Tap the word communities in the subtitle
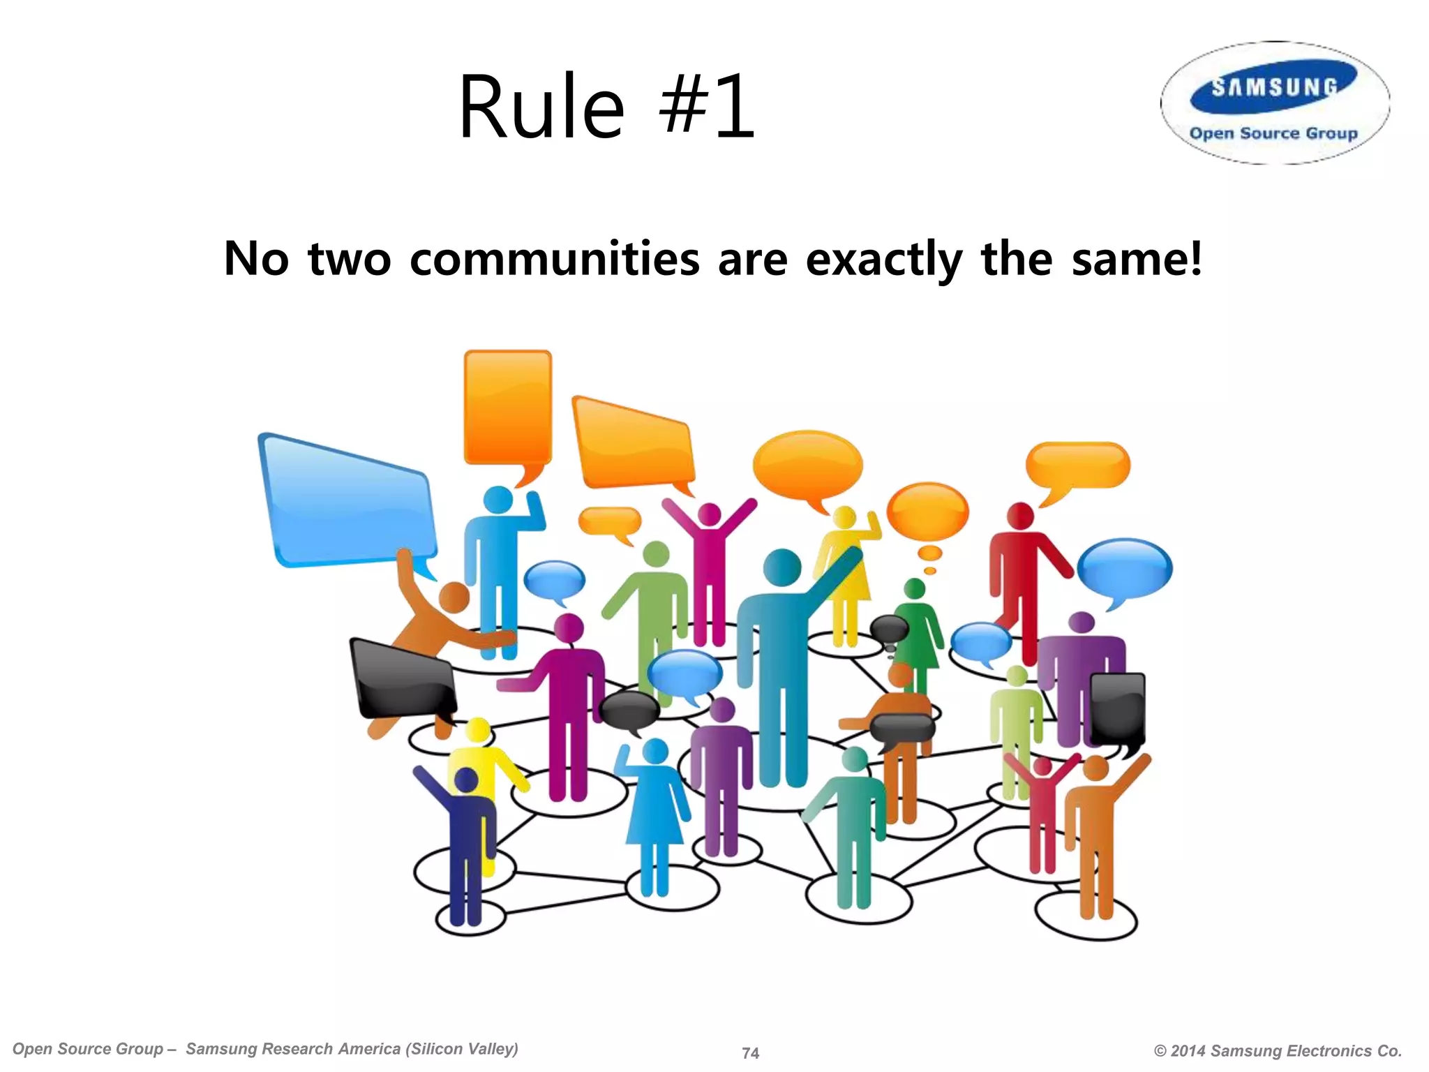coord(555,259)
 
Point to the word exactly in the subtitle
coord(884,259)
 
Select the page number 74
coord(750,1052)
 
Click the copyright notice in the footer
coord(1278,1050)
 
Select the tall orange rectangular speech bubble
coord(508,408)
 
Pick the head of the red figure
coord(1021,516)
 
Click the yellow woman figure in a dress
coord(845,572)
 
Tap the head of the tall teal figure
coord(782,567)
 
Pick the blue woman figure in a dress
coord(654,810)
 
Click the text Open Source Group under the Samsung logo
coord(1273,133)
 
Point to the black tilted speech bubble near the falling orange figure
coord(403,680)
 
